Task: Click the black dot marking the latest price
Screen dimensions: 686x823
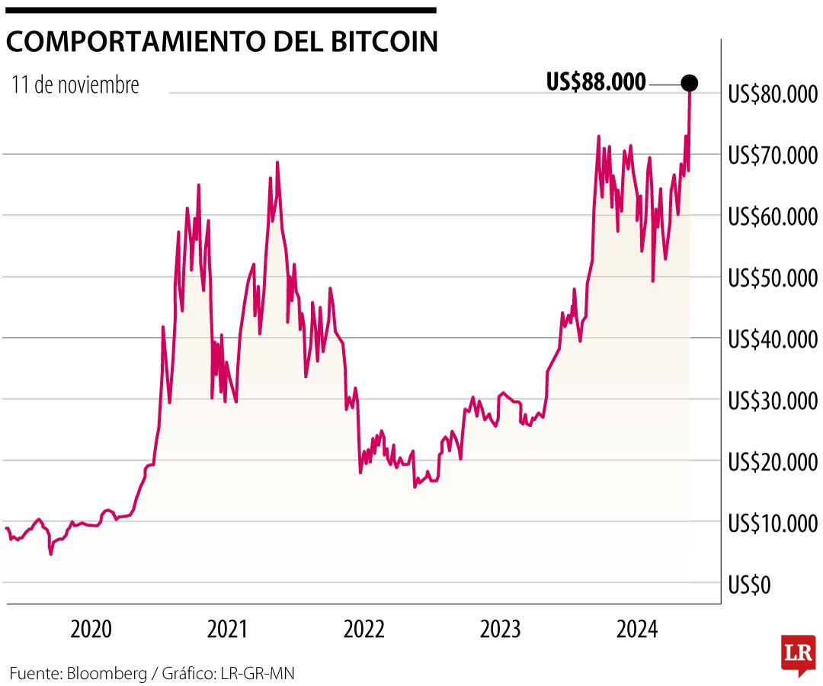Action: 689,82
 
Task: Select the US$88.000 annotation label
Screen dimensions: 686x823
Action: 596,82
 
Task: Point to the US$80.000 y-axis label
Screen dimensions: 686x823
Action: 771,95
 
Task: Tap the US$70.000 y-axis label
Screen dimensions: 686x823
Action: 771,155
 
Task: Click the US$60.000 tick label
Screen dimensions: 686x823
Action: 771,217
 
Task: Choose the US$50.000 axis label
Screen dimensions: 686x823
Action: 771,278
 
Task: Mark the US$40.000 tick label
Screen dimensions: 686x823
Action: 771,339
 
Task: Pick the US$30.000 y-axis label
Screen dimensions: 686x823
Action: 771,401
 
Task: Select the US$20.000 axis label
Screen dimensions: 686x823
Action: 771,462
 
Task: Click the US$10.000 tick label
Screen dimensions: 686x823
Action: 771,524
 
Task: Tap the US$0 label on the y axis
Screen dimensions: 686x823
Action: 750,585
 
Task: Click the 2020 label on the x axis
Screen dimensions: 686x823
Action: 91,630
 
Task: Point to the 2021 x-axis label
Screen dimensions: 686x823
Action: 227,630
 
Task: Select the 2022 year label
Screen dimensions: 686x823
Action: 363,630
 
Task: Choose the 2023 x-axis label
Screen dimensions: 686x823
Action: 501,630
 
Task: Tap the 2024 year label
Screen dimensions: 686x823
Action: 637,630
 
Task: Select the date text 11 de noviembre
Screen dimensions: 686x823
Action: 75,85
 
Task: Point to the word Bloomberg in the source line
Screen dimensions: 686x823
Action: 106,673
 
